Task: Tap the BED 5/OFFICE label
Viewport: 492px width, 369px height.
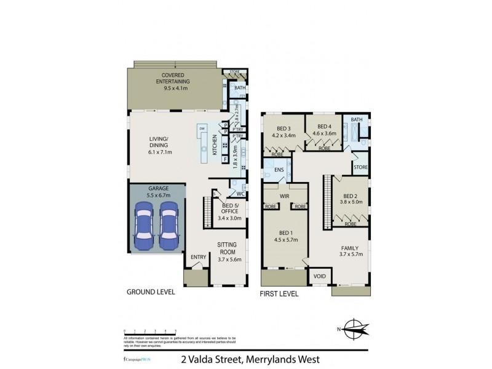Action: [x=231, y=208]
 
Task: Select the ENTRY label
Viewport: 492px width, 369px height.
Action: [x=198, y=257]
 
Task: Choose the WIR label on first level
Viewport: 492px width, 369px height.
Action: [x=285, y=197]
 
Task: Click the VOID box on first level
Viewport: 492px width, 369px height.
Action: [x=320, y=276]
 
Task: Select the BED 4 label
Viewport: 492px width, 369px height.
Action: [x=320, y=129]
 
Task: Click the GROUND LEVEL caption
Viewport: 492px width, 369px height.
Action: [x=151, y=293]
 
